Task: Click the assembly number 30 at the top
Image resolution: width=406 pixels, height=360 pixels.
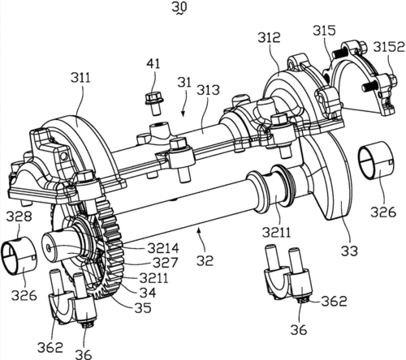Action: tap(179, 6)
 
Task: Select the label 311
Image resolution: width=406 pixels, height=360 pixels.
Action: tap(80, 78)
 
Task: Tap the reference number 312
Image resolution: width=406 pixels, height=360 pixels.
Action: tap(269, 38)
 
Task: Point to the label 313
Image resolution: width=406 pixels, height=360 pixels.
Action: tap(208, 90)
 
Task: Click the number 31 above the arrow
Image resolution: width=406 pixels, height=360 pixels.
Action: tap(184, 82)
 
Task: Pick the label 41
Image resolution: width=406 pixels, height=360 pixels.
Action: tap(153, 64)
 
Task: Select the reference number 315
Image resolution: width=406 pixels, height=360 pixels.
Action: tap(324, 31)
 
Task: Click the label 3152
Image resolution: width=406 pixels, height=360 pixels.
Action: tap(389, 47)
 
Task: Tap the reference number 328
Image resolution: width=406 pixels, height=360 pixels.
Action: tap(19, 216)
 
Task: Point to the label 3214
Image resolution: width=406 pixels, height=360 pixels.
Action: tap(163, 248)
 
